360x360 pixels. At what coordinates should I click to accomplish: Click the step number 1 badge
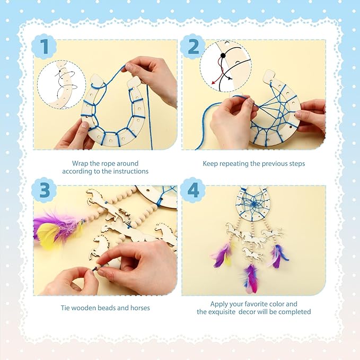pos(44,47)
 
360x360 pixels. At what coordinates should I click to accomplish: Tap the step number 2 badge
pos(193,47)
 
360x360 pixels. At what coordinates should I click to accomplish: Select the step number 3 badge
pos(44,190)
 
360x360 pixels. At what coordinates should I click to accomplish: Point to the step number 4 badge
pos(193,190)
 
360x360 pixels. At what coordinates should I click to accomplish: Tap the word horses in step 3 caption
pos(140,308)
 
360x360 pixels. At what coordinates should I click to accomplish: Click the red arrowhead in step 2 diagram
pos(214,82)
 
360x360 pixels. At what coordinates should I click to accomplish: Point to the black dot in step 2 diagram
pos(223,55)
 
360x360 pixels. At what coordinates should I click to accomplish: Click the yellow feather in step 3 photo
pos(48,233)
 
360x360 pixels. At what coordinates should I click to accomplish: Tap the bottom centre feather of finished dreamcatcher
pos(250,278)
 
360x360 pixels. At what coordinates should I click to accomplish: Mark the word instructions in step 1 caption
pos(131,171)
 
